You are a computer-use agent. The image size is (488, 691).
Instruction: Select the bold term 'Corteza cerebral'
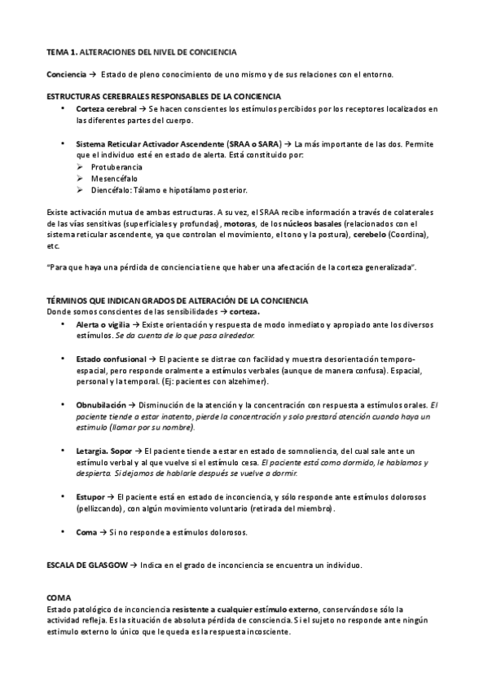point(105,109)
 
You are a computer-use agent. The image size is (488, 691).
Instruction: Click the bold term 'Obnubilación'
point(101,405)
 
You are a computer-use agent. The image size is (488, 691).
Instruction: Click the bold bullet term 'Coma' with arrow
point(86,531)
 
